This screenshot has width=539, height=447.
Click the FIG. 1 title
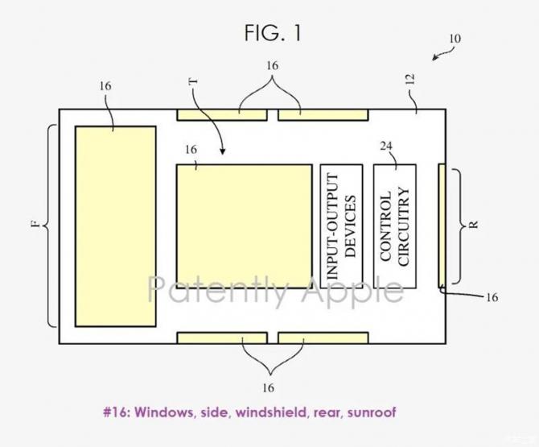coord(274,33)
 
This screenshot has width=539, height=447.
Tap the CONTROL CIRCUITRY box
coord(394,226)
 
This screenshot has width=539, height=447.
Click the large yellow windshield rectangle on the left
coord(115,226)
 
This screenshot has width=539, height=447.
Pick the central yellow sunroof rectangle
coord(243,226)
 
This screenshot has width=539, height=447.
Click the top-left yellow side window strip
coord(221,115)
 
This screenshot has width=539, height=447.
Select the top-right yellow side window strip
coord(323,115)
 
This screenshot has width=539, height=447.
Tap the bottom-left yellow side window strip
coord(221,337)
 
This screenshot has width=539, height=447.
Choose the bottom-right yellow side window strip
coord(323,337)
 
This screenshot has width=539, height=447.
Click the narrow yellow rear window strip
coord(441,225)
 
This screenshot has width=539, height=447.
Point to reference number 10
coord(455,39)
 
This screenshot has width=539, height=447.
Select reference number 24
coord(386,146)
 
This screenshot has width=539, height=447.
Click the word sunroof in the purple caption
coord(371,412)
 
